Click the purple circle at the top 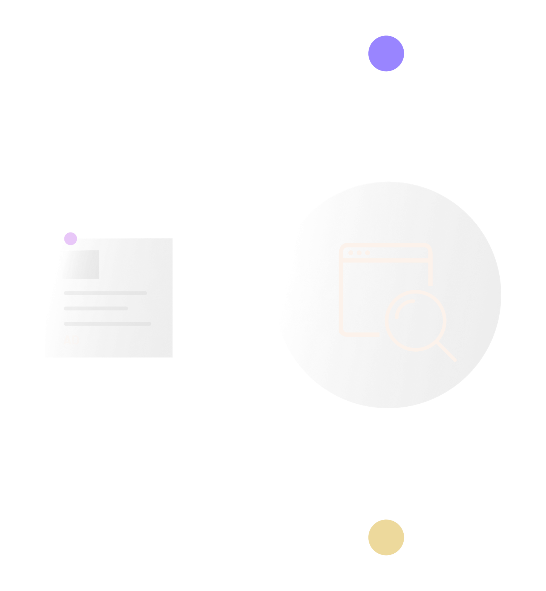(386, 54)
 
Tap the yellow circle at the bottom (386, 537)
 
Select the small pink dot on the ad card (70, 239)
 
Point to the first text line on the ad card (105, 293)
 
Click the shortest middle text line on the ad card (96, 308)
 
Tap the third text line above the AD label (107, 324)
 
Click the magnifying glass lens (416, 320)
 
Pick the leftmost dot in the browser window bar (351, 253)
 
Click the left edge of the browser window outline (341, 294)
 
